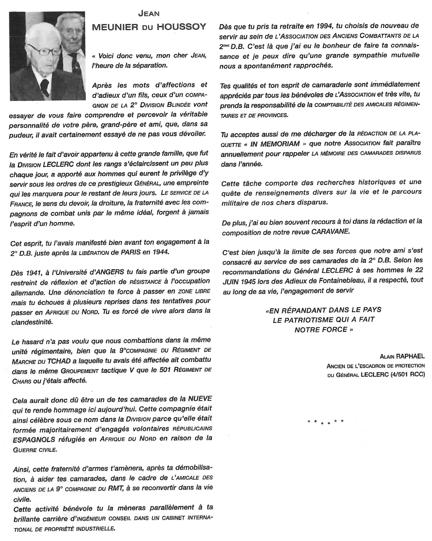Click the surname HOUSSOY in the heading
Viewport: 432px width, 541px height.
pos(181,27)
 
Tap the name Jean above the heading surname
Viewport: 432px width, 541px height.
pos(149,14)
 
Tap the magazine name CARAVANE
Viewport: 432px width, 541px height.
pos(330,231)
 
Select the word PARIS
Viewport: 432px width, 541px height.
pos(131,252)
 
